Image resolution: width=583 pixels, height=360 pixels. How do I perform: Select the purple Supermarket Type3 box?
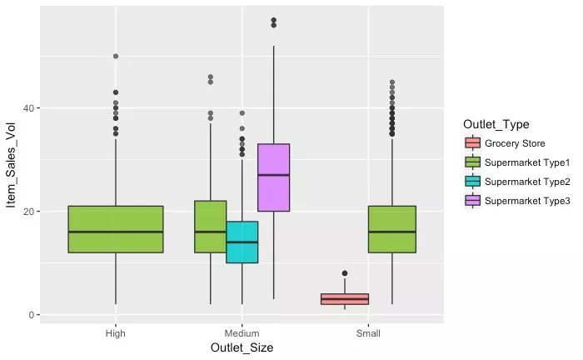[x=273, y=177]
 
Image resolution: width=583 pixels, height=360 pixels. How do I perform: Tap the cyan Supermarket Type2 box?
[x=242, y=242]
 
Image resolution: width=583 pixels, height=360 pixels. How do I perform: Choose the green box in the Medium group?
[x=210, y=227]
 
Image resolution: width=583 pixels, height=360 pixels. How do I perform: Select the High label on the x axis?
[x=116, y=334]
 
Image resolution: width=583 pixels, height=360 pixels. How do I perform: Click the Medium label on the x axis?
[x=242, y=334]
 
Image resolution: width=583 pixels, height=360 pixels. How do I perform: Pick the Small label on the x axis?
[x=368, y=334]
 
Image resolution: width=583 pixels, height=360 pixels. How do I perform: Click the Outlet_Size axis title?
[x=242, y=348]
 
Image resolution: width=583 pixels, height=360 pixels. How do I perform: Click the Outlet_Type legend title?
[x=496, y=125]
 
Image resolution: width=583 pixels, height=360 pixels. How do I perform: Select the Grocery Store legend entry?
[x=514, y=143]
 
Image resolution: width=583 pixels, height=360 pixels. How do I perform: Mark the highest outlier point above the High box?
[x=116, y=57]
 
